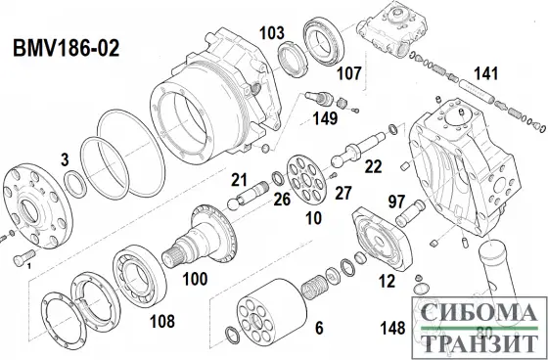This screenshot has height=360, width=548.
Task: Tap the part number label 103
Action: coord(271,33)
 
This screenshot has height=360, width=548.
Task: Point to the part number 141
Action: coord(485,73)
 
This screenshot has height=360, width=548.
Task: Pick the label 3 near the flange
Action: coord(64,157)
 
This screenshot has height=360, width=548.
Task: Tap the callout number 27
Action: coord(342,193)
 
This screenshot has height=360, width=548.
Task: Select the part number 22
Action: coord(373,167)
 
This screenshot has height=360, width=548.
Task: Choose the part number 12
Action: coord(387,282)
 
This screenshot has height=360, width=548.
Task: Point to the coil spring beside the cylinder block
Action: coord(316,291)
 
